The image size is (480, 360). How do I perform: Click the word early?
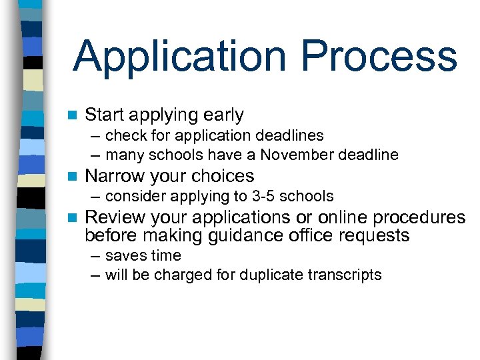pos(221,115)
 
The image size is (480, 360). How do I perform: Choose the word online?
pos(344,218)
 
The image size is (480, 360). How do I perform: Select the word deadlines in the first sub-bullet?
pos(291,135)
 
